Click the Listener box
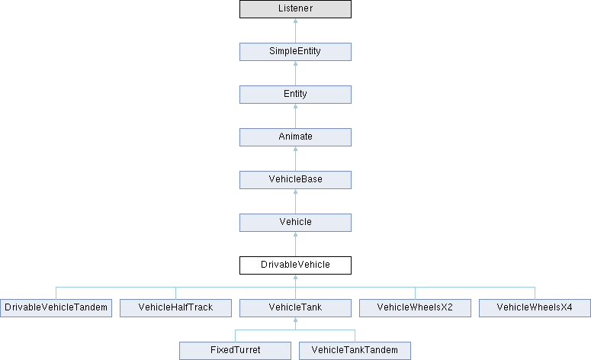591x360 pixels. tap(296, 9)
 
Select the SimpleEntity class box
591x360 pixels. tap(296, 52)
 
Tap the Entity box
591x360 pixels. tap(296, 95)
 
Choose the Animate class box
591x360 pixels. tap(296, 137)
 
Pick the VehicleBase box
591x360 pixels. tap(296, 180)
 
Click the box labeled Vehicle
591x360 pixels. tap(296, 223)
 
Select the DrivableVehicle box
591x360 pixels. tap(296, 265)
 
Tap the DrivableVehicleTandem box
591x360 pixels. tap(56, 308)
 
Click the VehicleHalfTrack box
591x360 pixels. tap(175, 308)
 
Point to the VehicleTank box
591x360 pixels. tap(296, 308)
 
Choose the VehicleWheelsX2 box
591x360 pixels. tap(415, 308)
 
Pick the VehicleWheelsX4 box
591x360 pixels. tap(535, 308)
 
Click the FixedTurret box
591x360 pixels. tap(235, 351)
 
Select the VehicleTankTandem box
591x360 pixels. tap(355, 351)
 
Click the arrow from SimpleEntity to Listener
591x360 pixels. tap(296, 31)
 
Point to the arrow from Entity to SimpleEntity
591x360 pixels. tap(296, 73)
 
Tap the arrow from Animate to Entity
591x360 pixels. tap(296, 116)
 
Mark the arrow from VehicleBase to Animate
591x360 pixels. tap(296, 159)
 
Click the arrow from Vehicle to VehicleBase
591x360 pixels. tap(296, 201)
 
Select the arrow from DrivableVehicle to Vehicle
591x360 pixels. tap(296, 244)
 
